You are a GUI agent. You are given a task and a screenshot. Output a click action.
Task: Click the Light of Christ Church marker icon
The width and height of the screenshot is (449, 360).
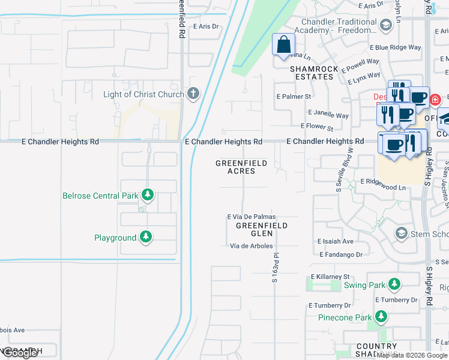click(193, 93)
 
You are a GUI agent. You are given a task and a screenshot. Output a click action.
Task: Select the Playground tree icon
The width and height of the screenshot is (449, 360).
click(145, 237)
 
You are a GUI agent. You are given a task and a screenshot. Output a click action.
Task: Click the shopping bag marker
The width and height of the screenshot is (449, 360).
click(283, 44)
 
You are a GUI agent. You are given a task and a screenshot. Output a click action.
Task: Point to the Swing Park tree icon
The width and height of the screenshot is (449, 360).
click(394, 284)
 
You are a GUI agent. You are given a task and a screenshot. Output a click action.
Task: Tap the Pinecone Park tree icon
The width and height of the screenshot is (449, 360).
click(381, 316)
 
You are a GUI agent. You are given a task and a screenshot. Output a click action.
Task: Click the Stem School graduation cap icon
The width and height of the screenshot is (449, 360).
click(401, 233)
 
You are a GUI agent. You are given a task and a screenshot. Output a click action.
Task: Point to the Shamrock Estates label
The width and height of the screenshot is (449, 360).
click(312, 73)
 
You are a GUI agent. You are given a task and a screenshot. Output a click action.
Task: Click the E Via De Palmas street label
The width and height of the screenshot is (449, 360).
click(251, 217)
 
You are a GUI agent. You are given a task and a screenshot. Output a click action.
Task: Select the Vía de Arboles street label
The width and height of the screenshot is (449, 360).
click(252, 246)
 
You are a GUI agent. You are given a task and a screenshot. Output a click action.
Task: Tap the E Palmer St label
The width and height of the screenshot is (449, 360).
click(294, 96)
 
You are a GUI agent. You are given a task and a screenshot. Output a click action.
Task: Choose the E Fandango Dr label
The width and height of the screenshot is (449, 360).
click(342, 254)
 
